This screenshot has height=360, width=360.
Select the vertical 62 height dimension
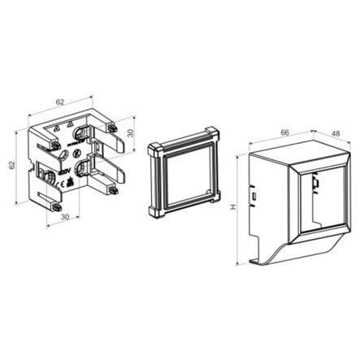pos(11,165)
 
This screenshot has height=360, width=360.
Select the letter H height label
pos(233,207)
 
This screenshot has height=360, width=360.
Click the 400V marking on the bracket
pos(63,174)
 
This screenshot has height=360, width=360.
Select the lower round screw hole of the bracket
pos(83,168)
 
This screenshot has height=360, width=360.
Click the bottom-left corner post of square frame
pos(154,210)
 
